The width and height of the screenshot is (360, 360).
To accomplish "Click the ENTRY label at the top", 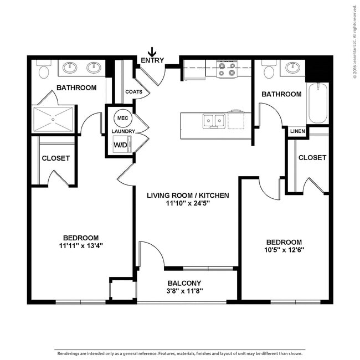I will click(152, 60).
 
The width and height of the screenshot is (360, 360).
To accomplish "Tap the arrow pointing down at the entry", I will click(152, 52).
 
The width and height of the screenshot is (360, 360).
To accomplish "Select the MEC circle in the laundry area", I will click(122, 118).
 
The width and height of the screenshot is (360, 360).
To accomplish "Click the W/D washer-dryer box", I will click(121, 145).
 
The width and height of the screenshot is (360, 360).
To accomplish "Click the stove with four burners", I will click(227, 69).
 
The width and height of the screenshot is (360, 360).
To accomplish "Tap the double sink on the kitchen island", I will click(213, 120).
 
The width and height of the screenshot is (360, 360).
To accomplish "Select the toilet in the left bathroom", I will click(44, 70).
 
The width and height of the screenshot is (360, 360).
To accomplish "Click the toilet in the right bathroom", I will click(269, 71).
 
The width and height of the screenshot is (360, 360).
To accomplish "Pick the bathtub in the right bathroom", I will click(318, 104).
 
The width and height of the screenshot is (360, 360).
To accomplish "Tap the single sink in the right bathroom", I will click(292, 68).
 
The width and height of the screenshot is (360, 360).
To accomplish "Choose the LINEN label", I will click(297, 131).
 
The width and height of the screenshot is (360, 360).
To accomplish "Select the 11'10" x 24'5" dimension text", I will click(188, 203).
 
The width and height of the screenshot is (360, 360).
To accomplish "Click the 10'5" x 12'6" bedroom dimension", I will click(284, 250).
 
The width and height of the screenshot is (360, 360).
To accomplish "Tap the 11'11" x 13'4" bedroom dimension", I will click(81, 245).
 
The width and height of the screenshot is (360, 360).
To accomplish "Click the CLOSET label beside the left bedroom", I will click(56, 158).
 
